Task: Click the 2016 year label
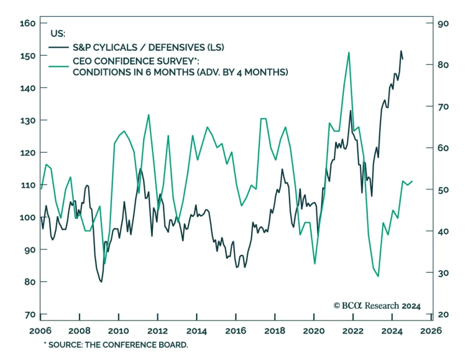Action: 236,329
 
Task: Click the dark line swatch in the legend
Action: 59,47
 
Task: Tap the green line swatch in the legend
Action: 59,65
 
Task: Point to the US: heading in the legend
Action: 58,34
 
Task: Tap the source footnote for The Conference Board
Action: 116,345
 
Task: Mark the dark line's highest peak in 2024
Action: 401,51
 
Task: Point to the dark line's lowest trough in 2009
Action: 101,282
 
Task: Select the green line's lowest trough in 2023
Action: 378,276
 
